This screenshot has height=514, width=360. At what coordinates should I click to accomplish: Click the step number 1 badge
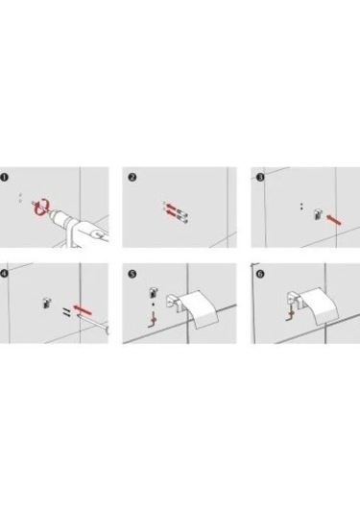coord(4,178)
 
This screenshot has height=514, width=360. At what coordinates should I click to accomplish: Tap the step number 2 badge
coord(132,178)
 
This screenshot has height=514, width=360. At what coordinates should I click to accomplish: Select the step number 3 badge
coord(260,178)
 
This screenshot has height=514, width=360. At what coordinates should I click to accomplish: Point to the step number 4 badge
coord(4,274)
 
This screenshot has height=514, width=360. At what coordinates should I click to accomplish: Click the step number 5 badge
coord(132,274)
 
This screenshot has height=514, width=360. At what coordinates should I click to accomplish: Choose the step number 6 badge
coord(260,274)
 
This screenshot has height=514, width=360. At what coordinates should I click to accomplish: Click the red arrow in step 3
coord(334,220)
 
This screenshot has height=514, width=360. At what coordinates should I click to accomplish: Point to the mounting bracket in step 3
coord(318,214)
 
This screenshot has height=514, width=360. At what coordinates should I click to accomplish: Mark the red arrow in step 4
coord(83,309)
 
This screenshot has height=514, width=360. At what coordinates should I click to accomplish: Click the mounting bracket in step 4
coord(46,303)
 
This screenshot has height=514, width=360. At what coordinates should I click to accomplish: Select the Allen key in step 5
coord(153,320)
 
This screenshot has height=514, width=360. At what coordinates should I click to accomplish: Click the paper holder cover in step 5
coord(200,308)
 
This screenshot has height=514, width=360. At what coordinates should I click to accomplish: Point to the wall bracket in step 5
coord(175,304)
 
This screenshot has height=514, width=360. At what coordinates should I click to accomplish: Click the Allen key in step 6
coord(290,314)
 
